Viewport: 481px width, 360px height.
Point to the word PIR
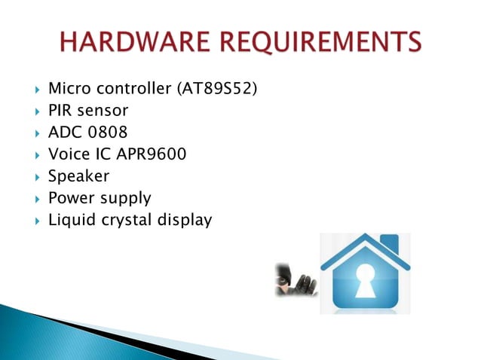point(59,111)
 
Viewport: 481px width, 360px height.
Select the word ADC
point(64,133)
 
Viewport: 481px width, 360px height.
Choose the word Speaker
point(78,177)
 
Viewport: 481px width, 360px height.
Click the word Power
point(69,199)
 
